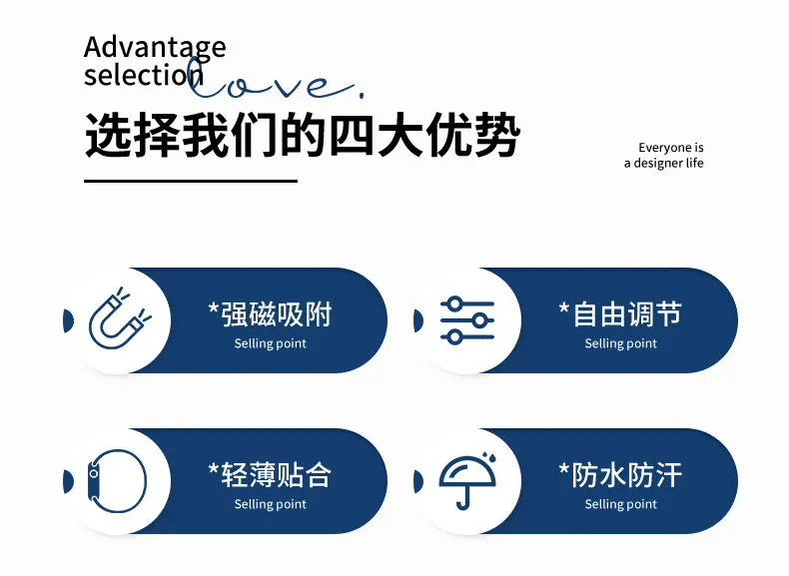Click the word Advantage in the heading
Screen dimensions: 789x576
pos(155,49)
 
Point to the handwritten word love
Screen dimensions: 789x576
pos(275,80)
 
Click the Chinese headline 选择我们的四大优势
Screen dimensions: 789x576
pos(302,136)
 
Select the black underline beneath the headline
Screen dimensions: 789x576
pos(191,181)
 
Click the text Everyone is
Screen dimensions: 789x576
pos(671,148)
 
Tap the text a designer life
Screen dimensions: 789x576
pos(664,163)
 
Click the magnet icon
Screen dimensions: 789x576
pos(120,317)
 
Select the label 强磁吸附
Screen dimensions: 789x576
pos(271,314)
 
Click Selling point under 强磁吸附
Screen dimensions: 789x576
pos(271,343)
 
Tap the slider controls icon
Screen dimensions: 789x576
pos(467,320)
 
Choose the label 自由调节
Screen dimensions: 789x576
pos(620,314)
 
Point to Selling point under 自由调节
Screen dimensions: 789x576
pos(621,343)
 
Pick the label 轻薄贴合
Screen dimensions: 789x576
pos(271,475)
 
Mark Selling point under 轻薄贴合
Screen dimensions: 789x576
pos(271,504)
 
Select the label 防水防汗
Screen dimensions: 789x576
pos(620,475)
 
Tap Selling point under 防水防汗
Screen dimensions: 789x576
pos(621,504)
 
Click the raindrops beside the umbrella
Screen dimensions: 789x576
pos(490,457)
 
